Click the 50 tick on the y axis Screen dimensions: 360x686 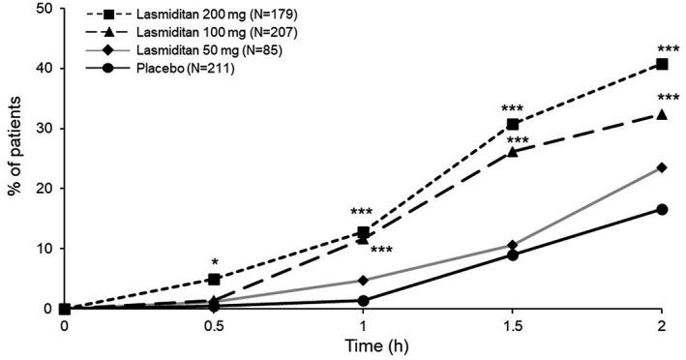click(43, 9)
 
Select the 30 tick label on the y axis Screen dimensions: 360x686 click(43, 129)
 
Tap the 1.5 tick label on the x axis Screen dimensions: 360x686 click(512, 325)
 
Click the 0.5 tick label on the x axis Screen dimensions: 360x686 click(213, 325)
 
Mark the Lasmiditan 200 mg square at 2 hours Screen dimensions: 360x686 click(662, 64)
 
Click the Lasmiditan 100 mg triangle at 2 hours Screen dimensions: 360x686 click(662, 114)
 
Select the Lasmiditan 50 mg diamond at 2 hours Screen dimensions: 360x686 click(662, 167)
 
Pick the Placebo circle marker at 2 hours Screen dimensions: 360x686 click(662, 209)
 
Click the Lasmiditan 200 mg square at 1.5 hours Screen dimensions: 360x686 click(512, 124)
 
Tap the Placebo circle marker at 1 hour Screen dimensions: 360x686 click(363, 300)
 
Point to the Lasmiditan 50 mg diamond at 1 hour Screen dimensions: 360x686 click(363, 281)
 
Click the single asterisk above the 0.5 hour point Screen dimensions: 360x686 click(215, 262)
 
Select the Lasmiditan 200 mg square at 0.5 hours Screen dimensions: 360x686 click(214, 279)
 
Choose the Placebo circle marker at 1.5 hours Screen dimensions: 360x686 click(512, 255)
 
